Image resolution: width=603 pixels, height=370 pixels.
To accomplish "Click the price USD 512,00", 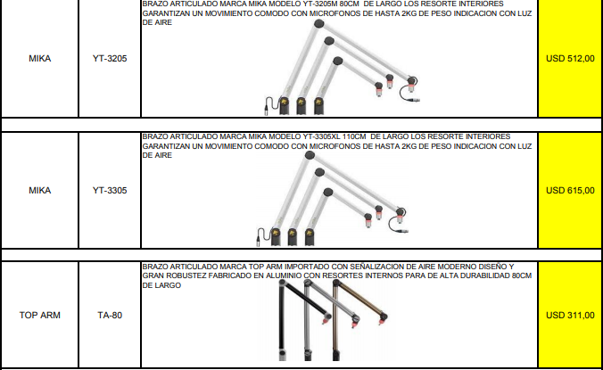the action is pos(570,59).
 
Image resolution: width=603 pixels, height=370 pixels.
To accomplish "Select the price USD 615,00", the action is pos(570,190).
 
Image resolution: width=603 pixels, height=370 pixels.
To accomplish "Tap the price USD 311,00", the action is pos(570,315).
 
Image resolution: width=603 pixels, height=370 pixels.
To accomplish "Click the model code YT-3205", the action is pos(110,59).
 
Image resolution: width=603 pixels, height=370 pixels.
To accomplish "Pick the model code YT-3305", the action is pos(110,190).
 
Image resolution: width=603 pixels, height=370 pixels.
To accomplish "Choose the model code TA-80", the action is pos(110,315).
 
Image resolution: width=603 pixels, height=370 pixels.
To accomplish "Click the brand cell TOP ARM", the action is pos(40,315).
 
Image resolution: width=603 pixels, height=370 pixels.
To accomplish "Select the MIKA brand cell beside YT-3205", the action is pos(39,59).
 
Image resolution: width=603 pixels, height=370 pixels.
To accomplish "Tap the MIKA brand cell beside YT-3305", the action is pos(39,190).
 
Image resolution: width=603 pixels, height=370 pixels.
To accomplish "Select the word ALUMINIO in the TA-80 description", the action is pos(283,275).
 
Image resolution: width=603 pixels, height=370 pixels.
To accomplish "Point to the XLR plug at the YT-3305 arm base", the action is pos(259,240).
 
